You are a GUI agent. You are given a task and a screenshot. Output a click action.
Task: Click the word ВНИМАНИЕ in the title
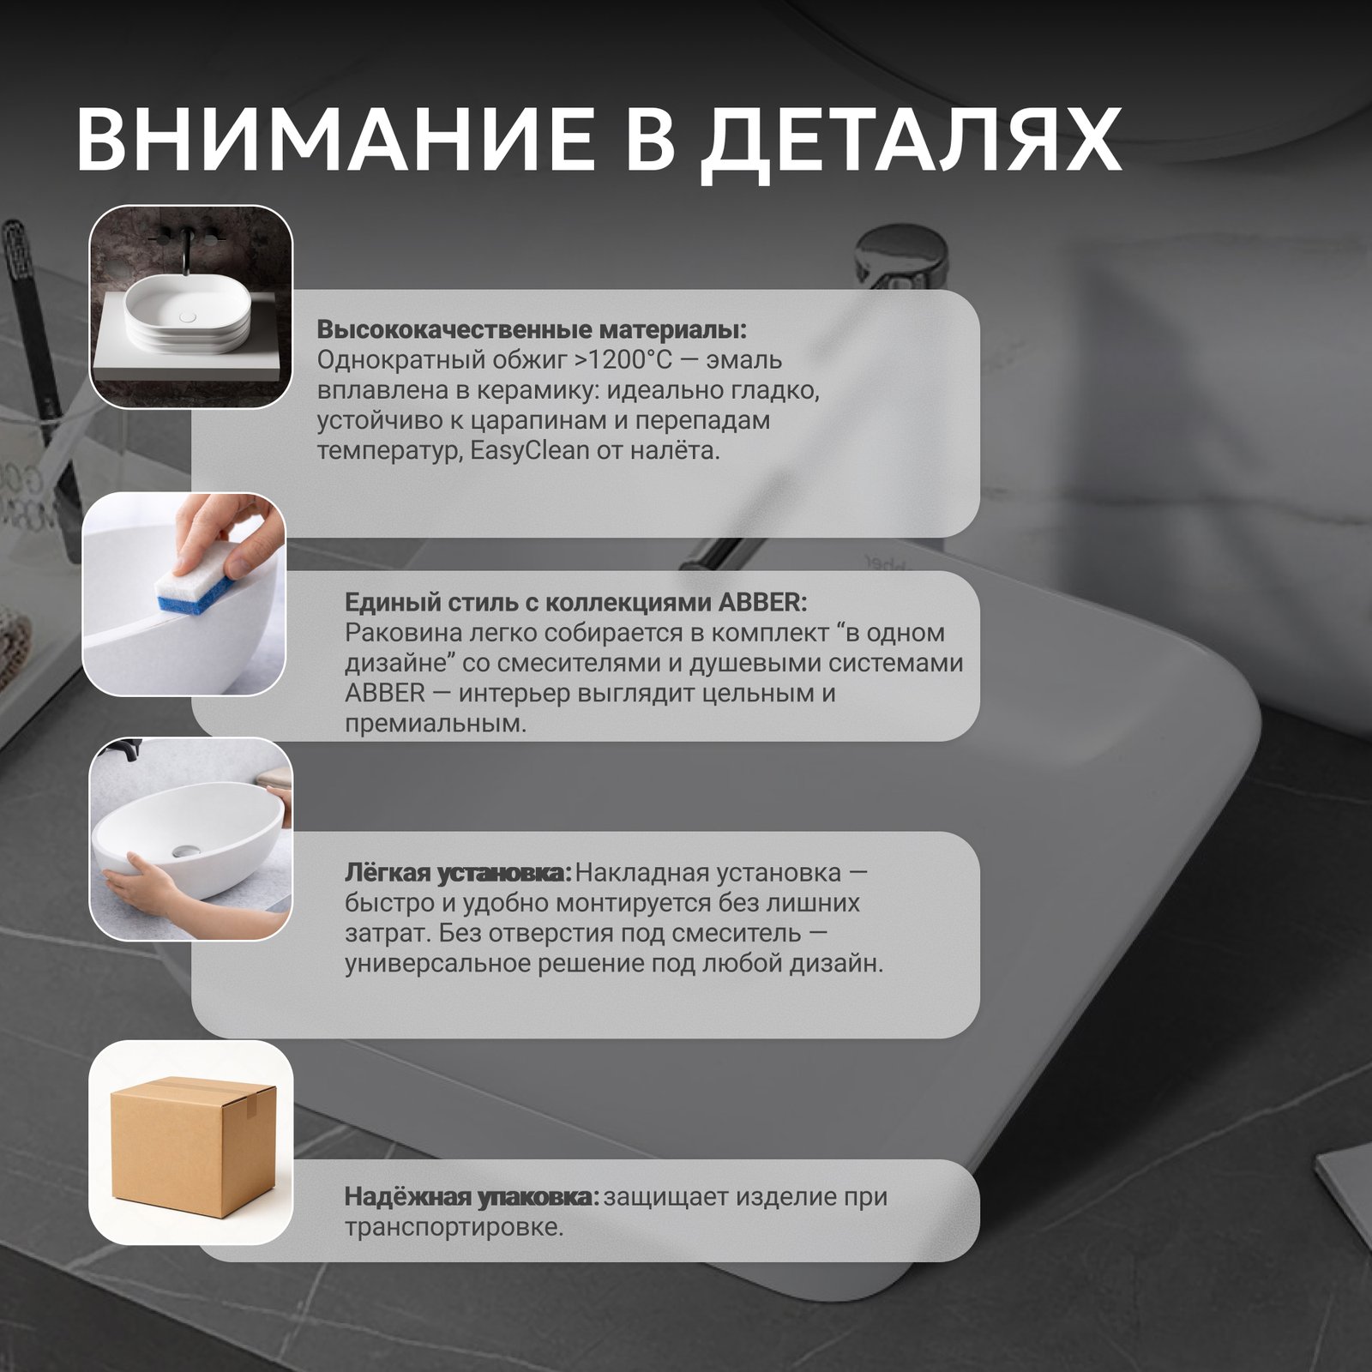point(334,141)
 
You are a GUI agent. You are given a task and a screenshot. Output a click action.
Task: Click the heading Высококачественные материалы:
point(532,330)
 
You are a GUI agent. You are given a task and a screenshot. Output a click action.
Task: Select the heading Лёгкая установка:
point(458,873)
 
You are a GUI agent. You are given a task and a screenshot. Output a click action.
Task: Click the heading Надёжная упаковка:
point(472,1196)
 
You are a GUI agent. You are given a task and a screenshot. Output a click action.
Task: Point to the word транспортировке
point(454,1227)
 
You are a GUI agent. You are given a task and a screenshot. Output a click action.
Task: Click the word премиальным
point(436,724)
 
